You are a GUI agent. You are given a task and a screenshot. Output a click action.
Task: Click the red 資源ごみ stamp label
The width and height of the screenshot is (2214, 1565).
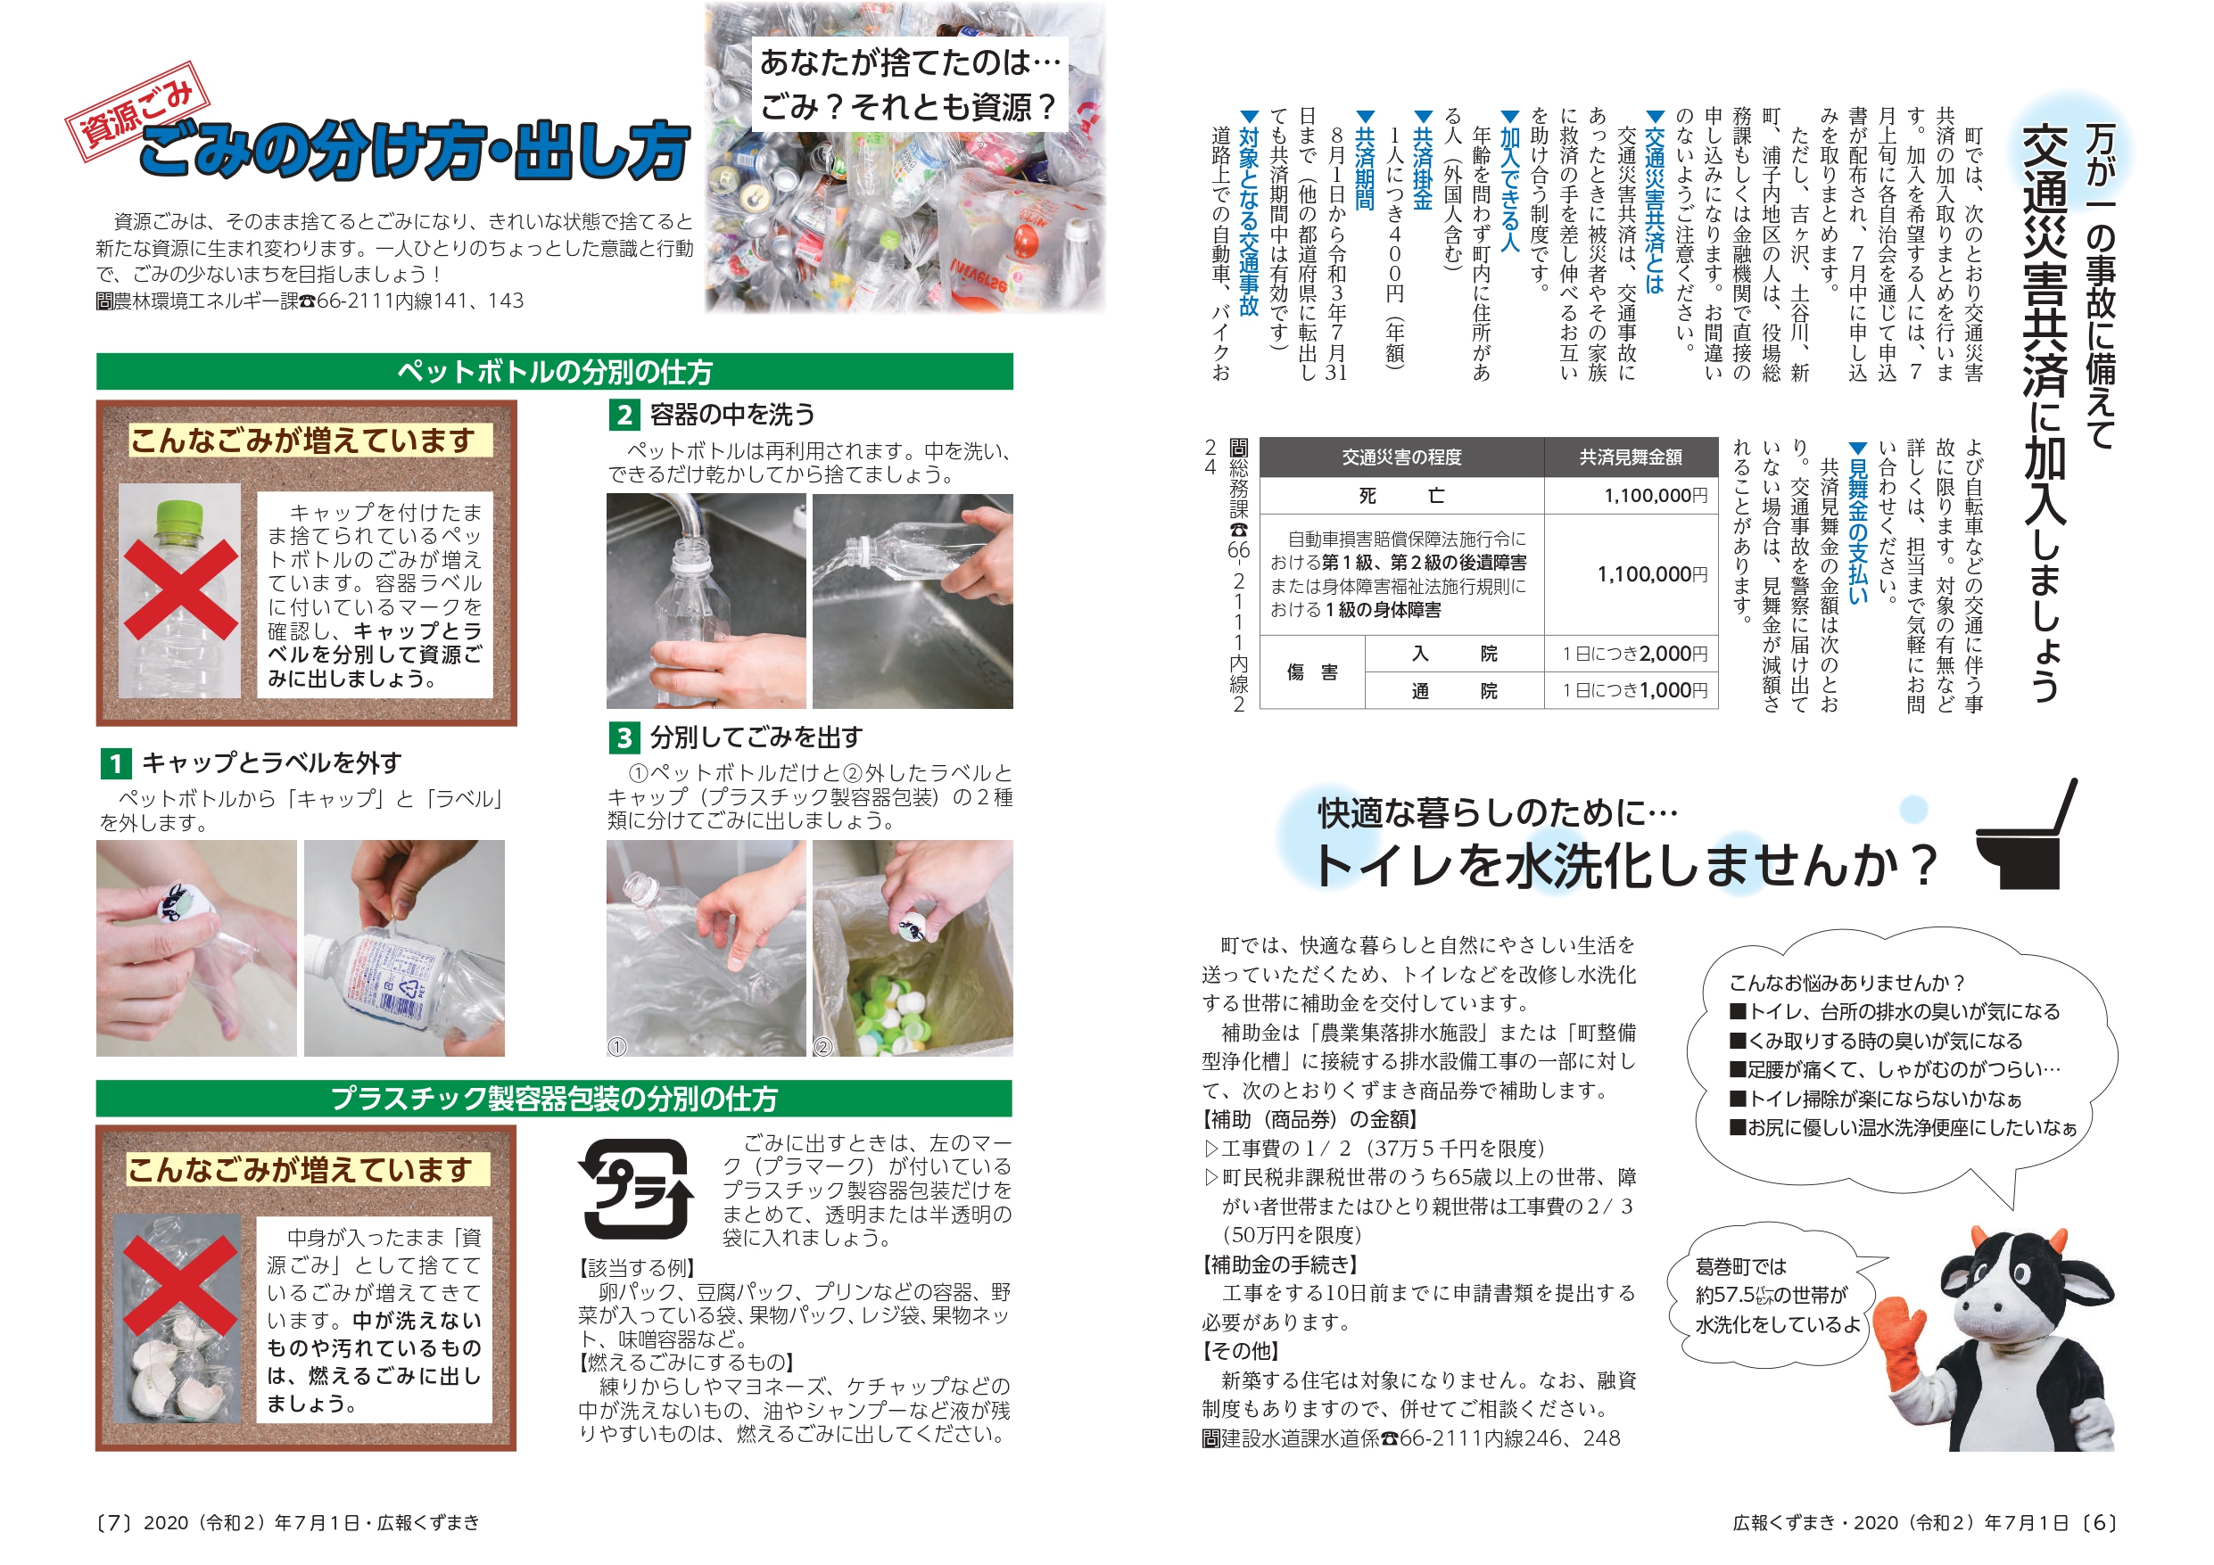point(138,111)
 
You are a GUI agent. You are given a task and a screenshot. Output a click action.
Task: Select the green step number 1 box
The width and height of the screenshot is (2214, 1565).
point(116,763)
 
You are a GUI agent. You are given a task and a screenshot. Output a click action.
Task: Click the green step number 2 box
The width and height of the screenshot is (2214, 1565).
point(624,416)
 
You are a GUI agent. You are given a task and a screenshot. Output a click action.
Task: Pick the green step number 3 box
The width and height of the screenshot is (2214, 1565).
point(624,737)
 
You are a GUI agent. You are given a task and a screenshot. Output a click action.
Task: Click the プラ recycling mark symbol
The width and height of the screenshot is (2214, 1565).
point(636,1188)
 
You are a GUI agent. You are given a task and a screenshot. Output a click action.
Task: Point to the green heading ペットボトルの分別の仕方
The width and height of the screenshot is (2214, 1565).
point(555,371)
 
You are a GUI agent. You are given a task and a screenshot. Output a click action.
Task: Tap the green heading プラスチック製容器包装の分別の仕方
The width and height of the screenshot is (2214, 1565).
point(555,1099)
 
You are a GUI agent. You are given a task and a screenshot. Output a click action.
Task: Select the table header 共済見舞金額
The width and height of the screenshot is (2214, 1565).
point(1631,457)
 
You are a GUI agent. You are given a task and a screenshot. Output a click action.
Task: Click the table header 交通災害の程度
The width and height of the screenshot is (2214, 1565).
point(1401,457)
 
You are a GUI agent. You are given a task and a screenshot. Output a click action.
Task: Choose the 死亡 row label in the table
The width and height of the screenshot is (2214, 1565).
point(1401,496)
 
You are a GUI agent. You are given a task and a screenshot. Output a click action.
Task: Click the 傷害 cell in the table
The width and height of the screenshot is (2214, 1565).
point(1311,672)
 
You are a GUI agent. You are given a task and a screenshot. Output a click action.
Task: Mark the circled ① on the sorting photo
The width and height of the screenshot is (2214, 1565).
point(617,1046)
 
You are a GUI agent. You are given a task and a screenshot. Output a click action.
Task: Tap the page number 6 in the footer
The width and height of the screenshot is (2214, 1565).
point(2099,1522)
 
